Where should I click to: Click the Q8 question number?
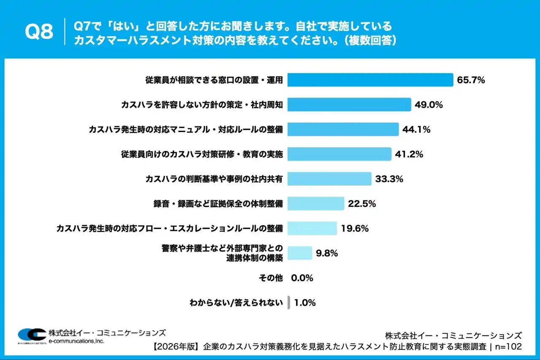[x=39, y=31]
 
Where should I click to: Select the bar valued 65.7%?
[x=370, y=80]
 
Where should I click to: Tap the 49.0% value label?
[x=429, y=105]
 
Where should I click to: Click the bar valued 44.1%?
[x=343, y=130]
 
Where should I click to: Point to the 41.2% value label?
[x=409, y=154]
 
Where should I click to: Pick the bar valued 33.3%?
[x=329, y=179]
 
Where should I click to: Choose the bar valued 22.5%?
[x=316, y=204]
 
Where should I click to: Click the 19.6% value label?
[x=355, y=229]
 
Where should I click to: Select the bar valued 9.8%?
[x=300, y=253]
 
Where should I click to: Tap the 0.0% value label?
[x=302, y=278]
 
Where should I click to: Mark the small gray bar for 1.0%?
[x=289, y=303]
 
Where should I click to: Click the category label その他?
[x=270, y=278]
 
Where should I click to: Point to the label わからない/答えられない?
[x=236, y=303]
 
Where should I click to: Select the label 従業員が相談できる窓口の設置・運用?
[x=213, y=80]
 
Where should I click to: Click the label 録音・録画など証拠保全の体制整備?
[x=218, y=204]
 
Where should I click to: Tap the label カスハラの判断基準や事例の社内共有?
[x=213, y=179]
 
